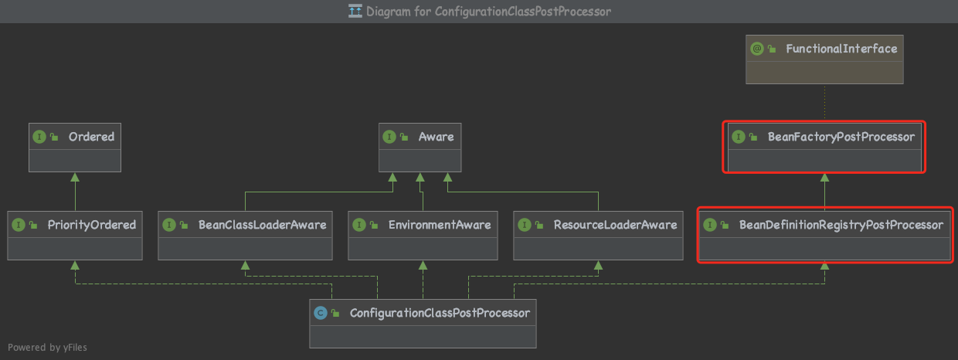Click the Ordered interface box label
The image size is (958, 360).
pyautogui.click(x=91, y=137)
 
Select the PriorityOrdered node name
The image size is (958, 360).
pyautogui.click(x=91, y=225)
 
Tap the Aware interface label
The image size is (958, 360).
pyautogui.click(x=436, y=137)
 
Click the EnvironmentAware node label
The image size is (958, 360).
pyautogui.click(x=439, y=225)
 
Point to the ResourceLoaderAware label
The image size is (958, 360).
pyautogui.click(x=615, y=225)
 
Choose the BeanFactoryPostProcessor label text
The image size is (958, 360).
pyautogui.click(x=841, y=137)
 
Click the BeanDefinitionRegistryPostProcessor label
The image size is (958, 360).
pyautogui.click(x=841, y=225)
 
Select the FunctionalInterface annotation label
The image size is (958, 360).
pyautogui.click(x=841, y=49)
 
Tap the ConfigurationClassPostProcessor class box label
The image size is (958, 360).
pyautogui.click(x=440, y=313)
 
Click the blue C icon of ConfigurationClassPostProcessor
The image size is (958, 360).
pyautogui.click(x=320, y=313)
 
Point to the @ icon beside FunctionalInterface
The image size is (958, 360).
pyautogui.click(x=757, y=49)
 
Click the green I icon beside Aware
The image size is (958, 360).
pyautogui.click(x=389, y=137)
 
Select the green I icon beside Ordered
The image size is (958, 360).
pyautogui.click(x=39, y=137)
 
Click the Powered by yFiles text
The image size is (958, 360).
pyautogui.click(x=48, y=348)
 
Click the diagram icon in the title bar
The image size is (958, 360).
pyautogui.click(x=355, y=12)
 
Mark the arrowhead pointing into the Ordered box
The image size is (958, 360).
pyautogui.click(x=75, y=177)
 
